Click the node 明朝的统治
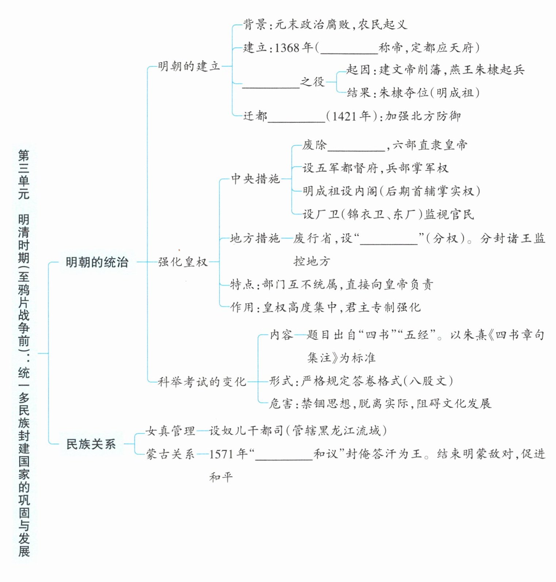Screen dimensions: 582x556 (97, 262)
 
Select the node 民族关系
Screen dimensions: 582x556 (91, 444)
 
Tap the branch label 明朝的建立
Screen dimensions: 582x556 (189, 66)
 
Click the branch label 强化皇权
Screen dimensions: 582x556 (183, 262)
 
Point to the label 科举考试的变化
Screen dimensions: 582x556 (202, 382)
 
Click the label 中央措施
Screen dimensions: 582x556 (255, 179)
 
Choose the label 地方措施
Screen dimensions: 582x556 (255, 238)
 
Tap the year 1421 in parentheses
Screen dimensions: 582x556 (344, 116)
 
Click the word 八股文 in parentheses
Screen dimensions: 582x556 (428, 381)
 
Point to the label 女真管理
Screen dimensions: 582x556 (170, 431)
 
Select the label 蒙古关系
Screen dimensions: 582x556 (170, 454)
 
